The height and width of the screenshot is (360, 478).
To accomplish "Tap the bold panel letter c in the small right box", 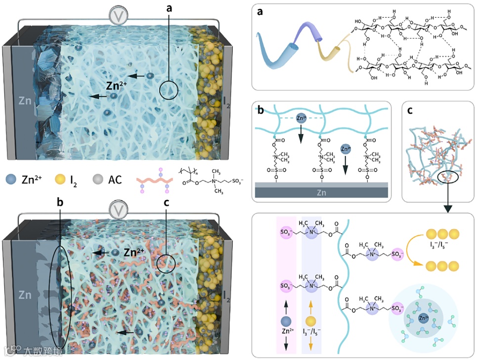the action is (411, 110).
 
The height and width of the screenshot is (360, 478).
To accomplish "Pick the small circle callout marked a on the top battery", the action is (169, 90).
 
